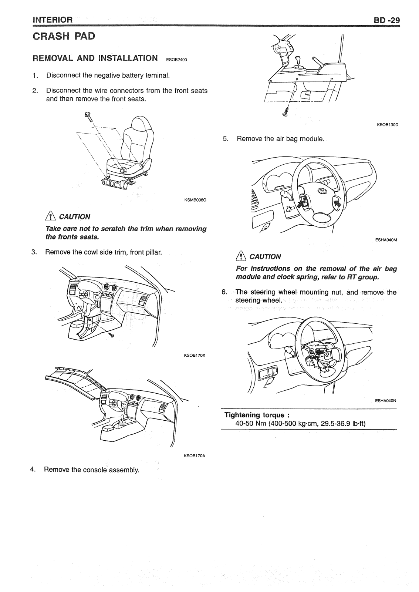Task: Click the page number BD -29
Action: [387, 20]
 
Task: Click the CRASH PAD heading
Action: [64, 36]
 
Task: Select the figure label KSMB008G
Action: [195, 200]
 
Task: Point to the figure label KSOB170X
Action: [195, 356]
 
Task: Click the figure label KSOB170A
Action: [195, 455]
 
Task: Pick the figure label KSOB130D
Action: [387, 125]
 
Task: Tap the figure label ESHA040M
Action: [386, 240]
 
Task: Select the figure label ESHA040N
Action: [386, 400]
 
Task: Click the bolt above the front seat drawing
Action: [88, 115]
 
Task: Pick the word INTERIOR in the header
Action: [53, 20]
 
